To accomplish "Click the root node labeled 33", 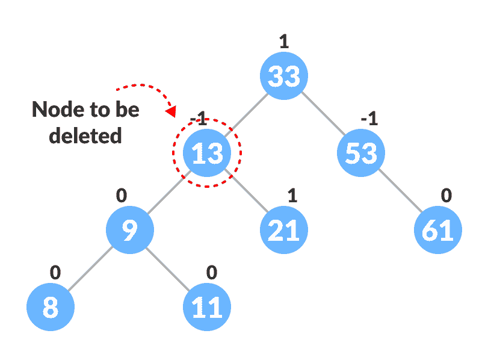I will point(284,76).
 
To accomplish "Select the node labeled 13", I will point(207,154).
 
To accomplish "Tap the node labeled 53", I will point(361,154).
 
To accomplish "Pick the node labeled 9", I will point(130,231).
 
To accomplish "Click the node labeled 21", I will point(284,231).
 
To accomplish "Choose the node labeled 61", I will point(438,231).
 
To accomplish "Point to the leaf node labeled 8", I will point(51,308).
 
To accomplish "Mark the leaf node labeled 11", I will point(207,308).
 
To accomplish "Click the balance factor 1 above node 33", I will point(284,42).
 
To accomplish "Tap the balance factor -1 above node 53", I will point(369,119).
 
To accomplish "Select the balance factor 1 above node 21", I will point(292,196).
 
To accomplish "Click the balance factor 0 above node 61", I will point(446,196).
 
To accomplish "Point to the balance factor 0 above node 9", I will point(122,196).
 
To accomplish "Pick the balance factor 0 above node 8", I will point(55,273).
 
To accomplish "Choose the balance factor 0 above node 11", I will point(211,273).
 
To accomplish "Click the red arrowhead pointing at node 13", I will point(171,112).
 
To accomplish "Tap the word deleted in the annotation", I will point(85,136).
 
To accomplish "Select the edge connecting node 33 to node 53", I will point(323,115).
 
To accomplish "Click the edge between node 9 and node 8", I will point(90,269).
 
